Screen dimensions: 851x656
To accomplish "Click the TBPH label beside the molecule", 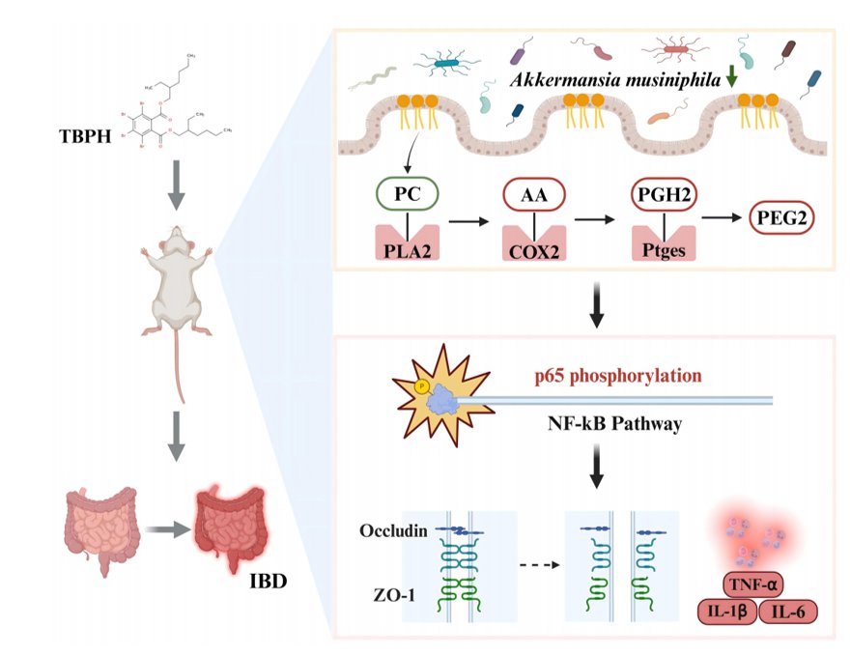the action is pyautogui.click(x=85, y=136).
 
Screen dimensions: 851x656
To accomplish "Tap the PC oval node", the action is pyautogui.click(x=408, y=193).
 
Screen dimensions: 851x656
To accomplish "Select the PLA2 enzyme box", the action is pyautogui.click(x=408, y=242).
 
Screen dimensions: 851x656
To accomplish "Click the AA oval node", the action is pyautogui.click(x=534, y=194).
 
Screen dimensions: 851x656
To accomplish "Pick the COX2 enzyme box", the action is pyautogui.click(x=534, y=243).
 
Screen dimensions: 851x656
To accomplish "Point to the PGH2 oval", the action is pyautogui.click(x=665, y=194).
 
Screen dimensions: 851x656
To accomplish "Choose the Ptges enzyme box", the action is pyautogui.click(x=664, y=243).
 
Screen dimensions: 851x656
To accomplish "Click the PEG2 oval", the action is pyautogui.click(x=782, y=217).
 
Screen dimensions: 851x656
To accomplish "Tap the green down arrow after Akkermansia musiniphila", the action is pyautogui.click(x=731, y=76).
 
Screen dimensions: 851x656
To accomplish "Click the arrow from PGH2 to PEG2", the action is pyautogui.click(x=722, y=217).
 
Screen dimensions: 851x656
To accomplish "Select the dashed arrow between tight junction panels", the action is pyautogui.click(x=539, y=565).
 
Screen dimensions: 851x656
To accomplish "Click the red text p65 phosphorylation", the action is pyautogui.click(x=618, y=375).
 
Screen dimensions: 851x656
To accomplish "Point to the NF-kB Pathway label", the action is pyautogui.click(x=615, y=423).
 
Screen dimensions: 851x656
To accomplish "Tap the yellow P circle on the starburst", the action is pyautogui.click(x=422, y=386).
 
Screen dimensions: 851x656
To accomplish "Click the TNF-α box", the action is pyautogui.click(x=752, y=585).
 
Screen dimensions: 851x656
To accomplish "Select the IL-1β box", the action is pyautogui.click(x=726, y=612).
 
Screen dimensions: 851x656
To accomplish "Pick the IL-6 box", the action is pyautogui.click(x=788, y=612).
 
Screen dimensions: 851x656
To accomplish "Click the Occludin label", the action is pyautogui.click(x=393, y=530).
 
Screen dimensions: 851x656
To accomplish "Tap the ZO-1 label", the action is pyautogui.click(x=394, y=595).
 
